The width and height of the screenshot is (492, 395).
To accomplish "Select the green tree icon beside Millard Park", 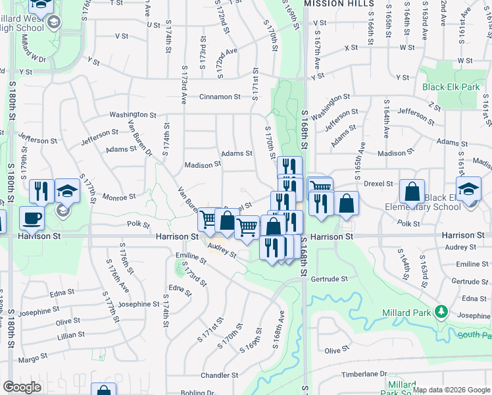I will tap(443, 311).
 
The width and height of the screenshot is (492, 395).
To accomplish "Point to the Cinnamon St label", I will tap(220, 97).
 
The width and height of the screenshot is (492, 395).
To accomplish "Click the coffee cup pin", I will tap(31, 218).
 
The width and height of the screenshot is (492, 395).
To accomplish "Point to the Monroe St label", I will tap(120, 196).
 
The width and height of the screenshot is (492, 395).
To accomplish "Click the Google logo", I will tap(22, 387).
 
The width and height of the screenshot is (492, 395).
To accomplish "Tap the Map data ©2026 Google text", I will tap(451, 390).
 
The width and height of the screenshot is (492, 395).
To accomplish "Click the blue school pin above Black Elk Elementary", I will tap(468, 188).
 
